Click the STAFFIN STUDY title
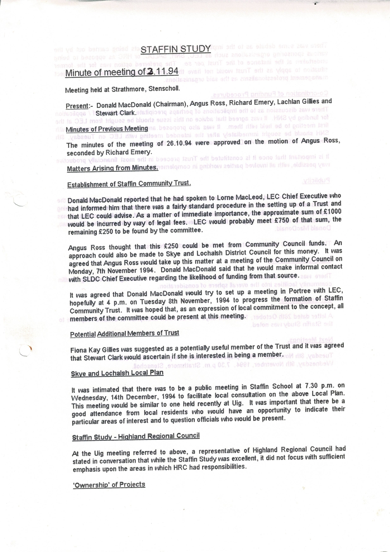pos(176,49)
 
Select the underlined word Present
pos(76,106)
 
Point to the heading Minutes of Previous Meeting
pos(107,129)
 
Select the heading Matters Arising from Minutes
pos(112,168)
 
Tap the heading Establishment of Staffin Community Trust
pos(129,184)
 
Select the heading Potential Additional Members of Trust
pos(124,333)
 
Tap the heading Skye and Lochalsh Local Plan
pos(117,373)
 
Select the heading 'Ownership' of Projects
pos(109,485)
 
